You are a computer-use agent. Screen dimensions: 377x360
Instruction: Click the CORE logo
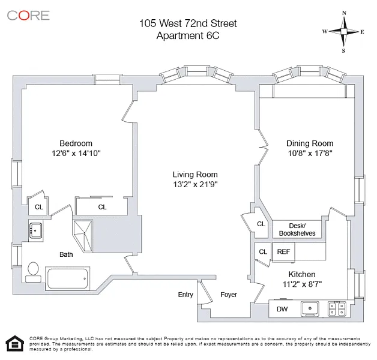[28, 16]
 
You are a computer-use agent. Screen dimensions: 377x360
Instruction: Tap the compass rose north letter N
[344, 13]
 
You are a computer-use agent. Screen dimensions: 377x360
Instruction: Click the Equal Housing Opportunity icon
[15, 343]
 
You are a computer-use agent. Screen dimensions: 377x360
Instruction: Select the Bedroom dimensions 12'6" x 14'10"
[76, 153]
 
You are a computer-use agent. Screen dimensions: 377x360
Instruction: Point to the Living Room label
[195, 174]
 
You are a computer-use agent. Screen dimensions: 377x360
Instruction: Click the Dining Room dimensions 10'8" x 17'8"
[310, 153]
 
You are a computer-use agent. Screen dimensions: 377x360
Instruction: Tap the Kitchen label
[302, 274]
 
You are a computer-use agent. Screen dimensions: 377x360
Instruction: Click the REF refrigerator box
[283, 251]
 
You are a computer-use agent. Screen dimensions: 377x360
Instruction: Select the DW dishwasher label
[282, 309]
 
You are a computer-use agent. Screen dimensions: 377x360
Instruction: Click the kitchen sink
[310, 308]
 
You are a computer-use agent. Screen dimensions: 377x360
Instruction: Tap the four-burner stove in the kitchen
[337, 308]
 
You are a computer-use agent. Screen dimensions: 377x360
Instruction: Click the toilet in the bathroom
[33, 272]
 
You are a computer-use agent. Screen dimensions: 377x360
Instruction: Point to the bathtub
[67, 278]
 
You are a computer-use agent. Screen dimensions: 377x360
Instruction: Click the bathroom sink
[35, 230]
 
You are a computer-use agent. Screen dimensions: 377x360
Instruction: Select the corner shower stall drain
[85, 233]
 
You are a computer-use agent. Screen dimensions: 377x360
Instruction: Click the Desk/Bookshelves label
[297, 230]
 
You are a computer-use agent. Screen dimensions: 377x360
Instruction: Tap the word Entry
[185, 295]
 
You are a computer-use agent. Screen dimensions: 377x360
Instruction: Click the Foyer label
[229, 295]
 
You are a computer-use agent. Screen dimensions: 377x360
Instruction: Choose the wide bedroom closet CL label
[102, 207]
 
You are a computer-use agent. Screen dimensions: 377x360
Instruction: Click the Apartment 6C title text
[188, 35]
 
